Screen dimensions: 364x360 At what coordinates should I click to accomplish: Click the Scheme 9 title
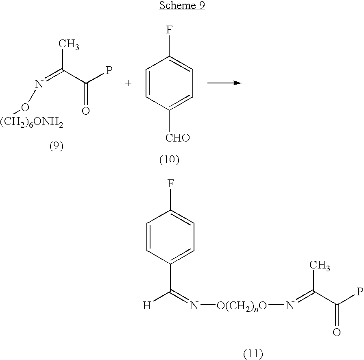click(x=182, y=5)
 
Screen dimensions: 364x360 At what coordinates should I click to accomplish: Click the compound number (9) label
click(x=57, y=146)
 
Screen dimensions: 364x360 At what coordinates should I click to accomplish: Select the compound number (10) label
click(x=170, y=159)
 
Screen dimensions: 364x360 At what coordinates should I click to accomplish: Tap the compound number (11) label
click(x=253, y=353)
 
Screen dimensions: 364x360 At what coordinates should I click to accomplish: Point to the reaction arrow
click(x=225, y=83)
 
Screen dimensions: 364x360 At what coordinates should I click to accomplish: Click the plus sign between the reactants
click(x=128, y=83)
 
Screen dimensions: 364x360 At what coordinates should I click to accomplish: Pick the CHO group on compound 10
click(x=178, y=138)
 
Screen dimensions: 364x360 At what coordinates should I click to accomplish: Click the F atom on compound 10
click(x=169, y=30)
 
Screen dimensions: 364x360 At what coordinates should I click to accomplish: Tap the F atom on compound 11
click(x=170, y=184)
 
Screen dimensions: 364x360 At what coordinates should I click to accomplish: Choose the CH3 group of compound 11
click(x=320, y=265)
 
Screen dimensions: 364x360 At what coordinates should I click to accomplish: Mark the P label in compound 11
click(x=360, y=292)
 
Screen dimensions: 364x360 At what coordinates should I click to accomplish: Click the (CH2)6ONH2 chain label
click(x=32, y=122)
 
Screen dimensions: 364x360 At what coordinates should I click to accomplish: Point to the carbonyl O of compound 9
click(x=86, y=111)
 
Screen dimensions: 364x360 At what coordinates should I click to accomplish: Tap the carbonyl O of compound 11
click(x=337, y=332)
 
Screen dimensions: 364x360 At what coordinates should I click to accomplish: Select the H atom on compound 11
click(x=147, y=305)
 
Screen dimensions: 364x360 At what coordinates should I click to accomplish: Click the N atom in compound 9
click(x=39, y=84)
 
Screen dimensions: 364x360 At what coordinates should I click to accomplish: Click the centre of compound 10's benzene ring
click(x=169, y=83)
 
